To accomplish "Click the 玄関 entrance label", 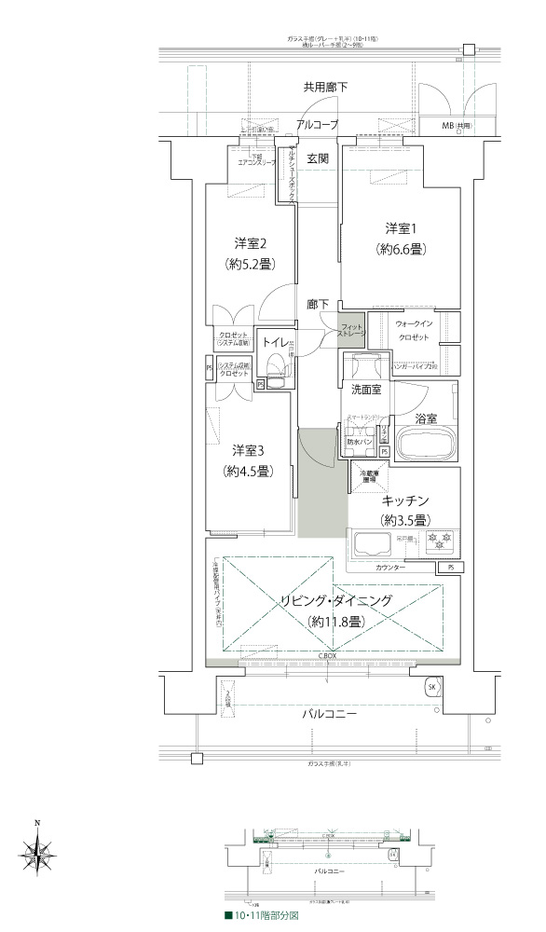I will (318, 159).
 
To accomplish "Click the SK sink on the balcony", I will (431, 687).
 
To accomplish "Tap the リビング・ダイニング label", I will (336, 601).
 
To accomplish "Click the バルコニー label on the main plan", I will (333, 713).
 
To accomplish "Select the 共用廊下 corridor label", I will (325, 88).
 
